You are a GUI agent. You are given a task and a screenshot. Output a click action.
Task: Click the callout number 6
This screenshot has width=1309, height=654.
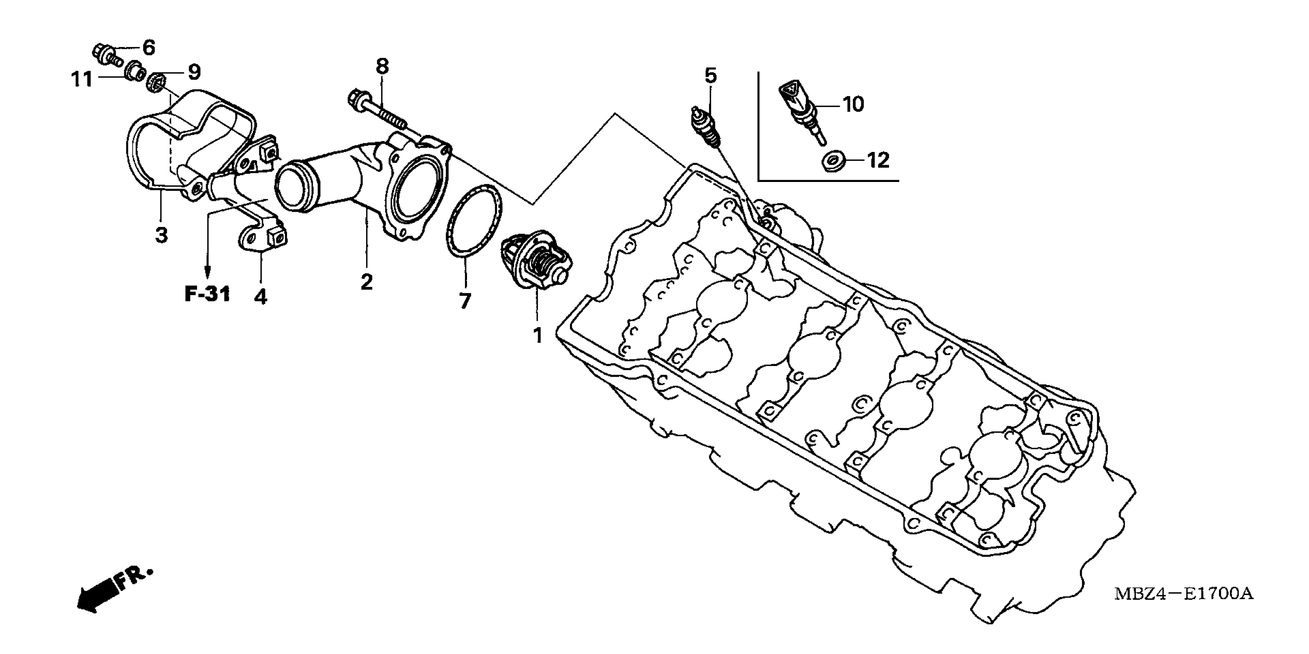[148, 48]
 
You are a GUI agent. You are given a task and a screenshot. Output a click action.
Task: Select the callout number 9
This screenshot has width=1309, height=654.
[194, 72]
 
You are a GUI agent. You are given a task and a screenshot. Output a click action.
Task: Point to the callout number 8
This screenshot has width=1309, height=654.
[382, 66]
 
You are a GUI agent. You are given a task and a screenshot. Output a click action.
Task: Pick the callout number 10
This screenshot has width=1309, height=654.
[853, 104]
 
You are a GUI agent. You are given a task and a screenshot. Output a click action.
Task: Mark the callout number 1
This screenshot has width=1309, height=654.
[537, 335]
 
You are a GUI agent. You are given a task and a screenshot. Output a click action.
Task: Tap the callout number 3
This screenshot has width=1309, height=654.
[161, 235]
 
